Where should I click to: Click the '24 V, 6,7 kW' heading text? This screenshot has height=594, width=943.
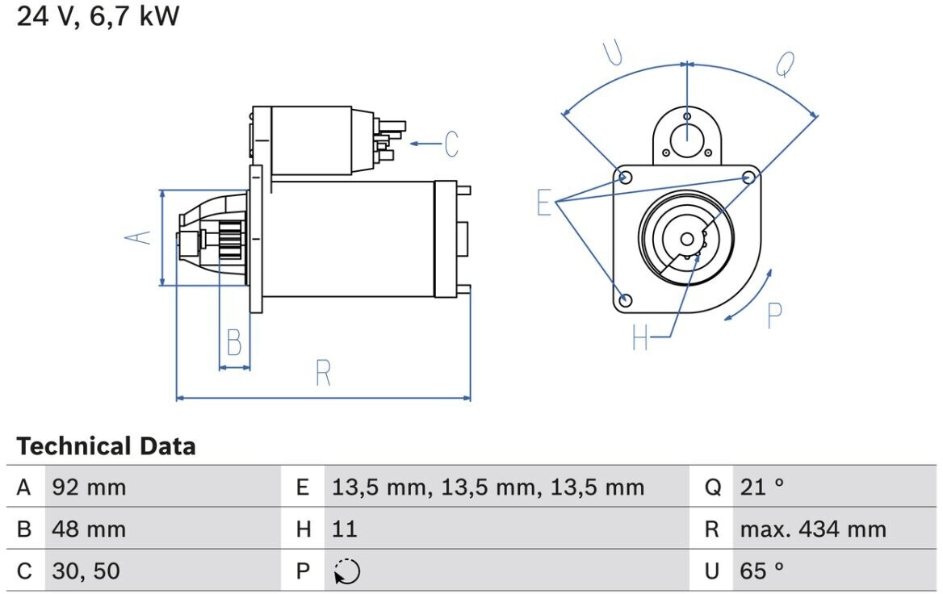[x=98, y=15]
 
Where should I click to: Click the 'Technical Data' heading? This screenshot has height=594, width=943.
[x=106, y=446]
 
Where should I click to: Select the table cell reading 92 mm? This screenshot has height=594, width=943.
[x=89, y=487]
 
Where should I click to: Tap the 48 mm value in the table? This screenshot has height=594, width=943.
[x=89, y=529]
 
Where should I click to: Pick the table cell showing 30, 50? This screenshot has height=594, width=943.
[x=86, y=571]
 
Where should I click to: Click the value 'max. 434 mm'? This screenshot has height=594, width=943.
[x=813, y=529]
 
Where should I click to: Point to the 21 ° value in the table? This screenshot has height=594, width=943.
[x=762, y=487]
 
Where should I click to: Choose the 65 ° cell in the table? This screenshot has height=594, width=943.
[x=762, y=571]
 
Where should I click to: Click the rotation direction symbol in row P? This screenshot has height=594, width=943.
[x=347, y=571]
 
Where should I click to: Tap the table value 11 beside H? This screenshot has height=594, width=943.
[x=345, y=529]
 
